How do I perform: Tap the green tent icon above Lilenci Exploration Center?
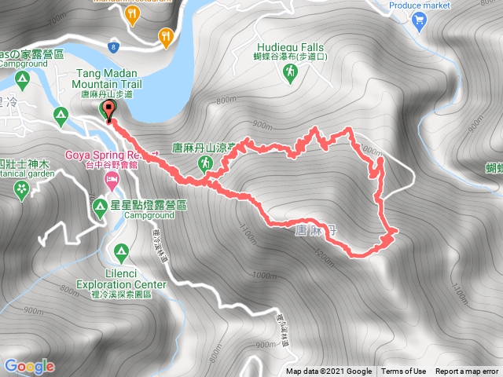coord(121,253)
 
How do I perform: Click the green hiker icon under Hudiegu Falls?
coord(288,71)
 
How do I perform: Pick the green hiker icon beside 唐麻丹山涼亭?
coord(205,163)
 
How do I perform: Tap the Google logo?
coord(29,366)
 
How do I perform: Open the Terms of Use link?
coord(404,372)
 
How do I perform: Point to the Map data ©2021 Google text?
coord(329,372)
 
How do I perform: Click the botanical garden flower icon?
coord(21,188)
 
